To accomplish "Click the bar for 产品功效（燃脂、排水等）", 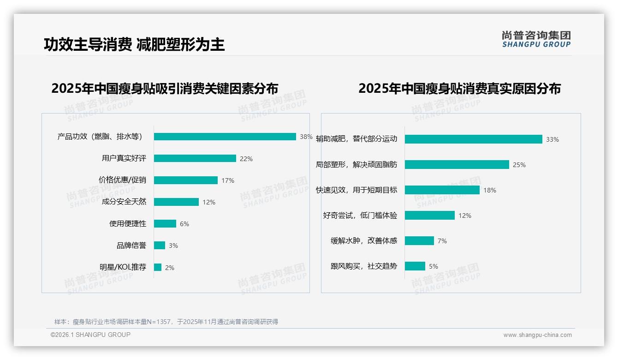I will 225,137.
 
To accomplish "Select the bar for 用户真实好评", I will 195,158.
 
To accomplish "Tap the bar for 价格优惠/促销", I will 185,180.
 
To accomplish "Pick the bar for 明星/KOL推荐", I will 158,267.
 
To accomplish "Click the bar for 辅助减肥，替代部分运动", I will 473,139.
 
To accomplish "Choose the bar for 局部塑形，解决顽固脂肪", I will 457,165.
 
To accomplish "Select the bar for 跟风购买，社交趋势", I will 415,266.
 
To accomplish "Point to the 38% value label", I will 306,137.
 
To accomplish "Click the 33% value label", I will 552,139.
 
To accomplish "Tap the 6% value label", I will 184,224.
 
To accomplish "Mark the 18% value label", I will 489,190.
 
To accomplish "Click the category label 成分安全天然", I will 124,202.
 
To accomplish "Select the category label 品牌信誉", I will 131,246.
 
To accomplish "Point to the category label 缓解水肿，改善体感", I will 363,241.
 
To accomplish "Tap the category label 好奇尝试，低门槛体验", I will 360,216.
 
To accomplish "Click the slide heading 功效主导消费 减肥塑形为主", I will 134,44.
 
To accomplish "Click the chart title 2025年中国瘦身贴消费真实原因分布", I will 459,88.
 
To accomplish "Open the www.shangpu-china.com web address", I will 537,335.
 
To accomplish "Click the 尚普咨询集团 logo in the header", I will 536,39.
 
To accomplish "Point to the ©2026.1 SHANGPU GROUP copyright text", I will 90,335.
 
